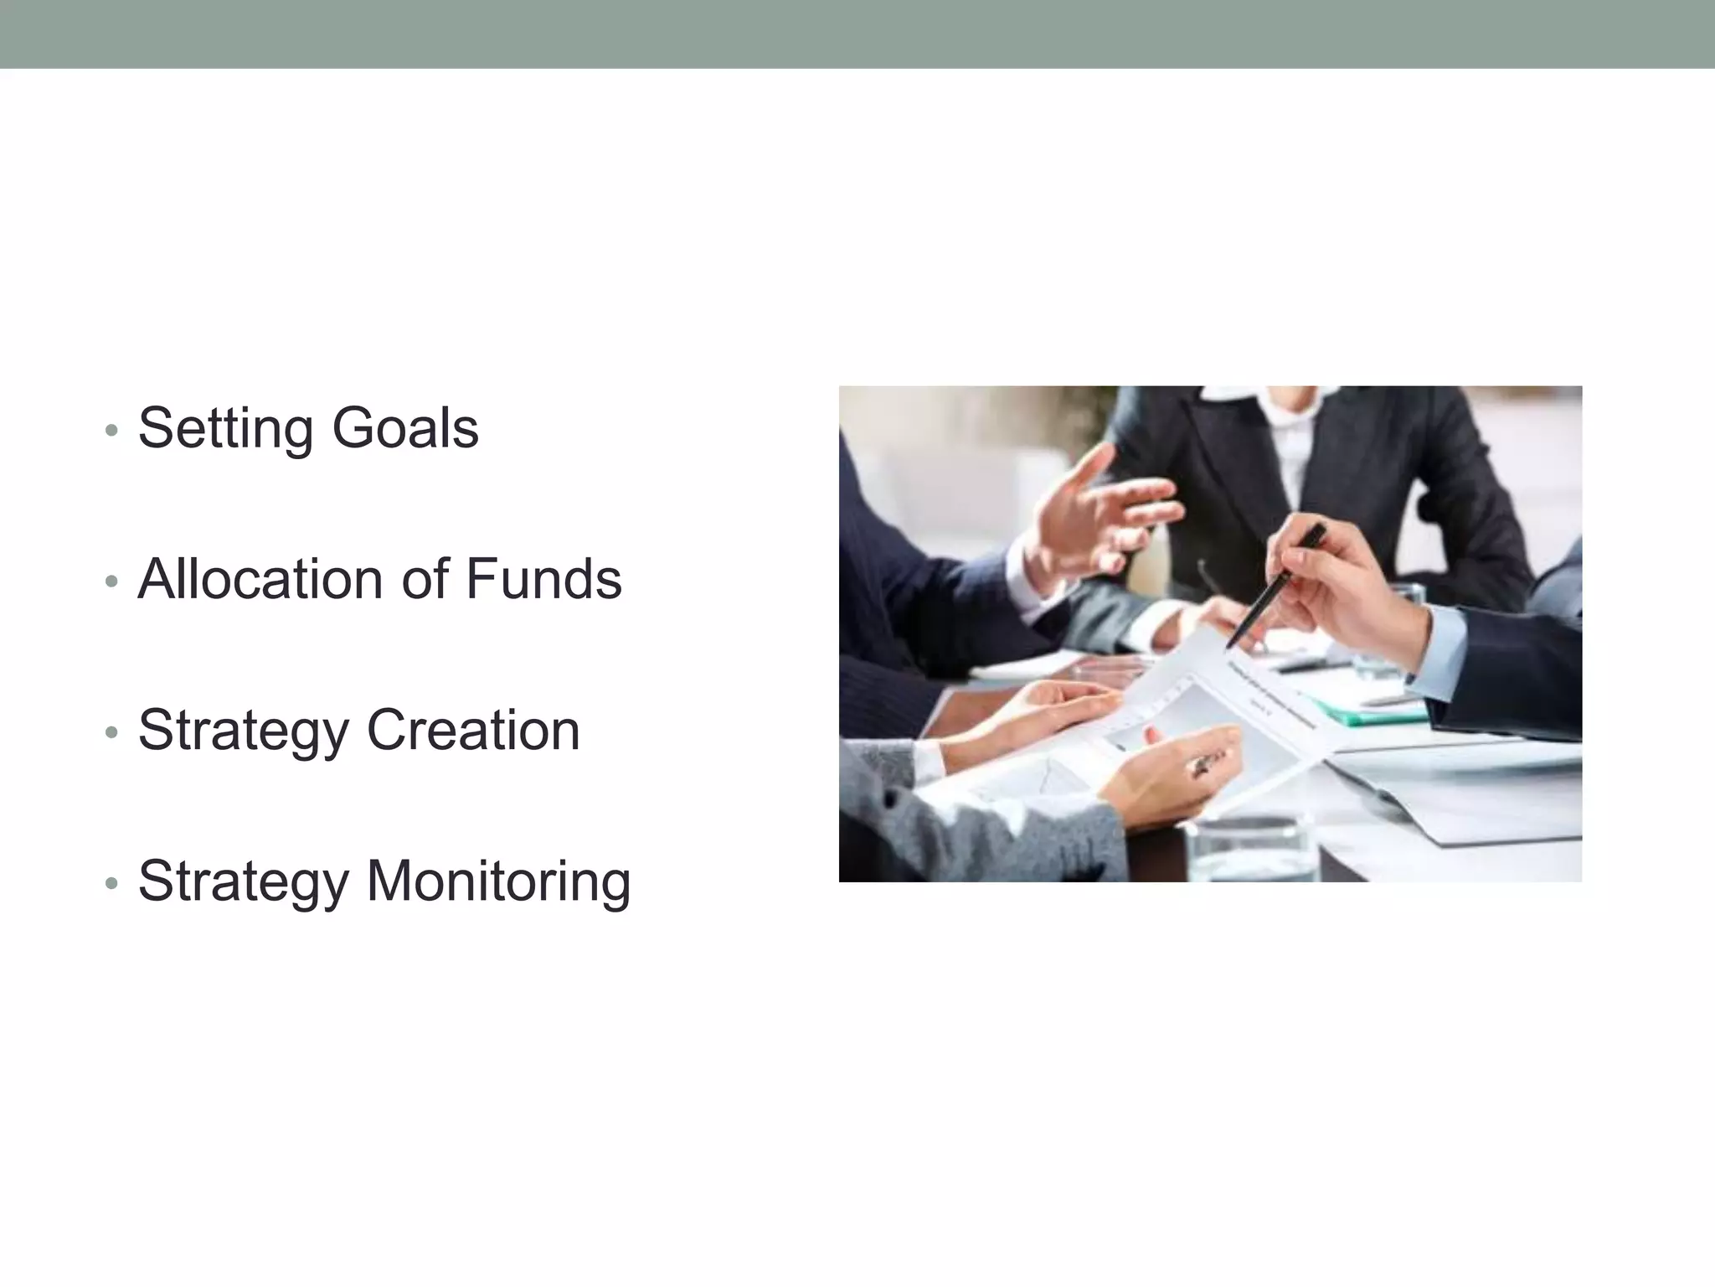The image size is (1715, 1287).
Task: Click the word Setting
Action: (x=227, y=428)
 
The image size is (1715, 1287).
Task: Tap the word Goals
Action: (x=405, y=428)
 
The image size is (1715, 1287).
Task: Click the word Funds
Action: (x=543, y=579)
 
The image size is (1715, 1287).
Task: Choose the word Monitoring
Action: (x=499, y=881)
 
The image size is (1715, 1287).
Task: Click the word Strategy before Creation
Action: (x=243, y=730)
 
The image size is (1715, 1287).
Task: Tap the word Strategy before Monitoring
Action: (x=243, y=881)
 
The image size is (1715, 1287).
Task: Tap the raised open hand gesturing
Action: (x=1097, y=519)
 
